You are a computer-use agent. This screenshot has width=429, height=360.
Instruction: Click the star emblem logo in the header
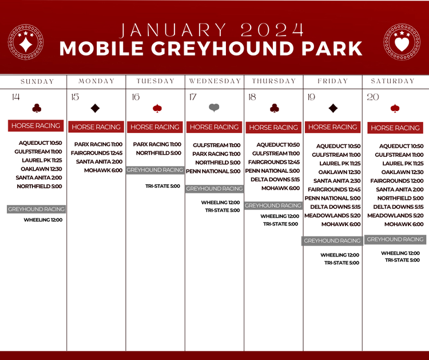[26, 42]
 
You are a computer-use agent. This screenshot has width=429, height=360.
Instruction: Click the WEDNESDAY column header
[214, 81]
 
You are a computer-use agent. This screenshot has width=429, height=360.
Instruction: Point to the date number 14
[15, 97]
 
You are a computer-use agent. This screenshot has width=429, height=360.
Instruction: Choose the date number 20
[373, 97]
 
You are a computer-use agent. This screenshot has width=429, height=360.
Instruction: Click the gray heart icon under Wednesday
[214, 108]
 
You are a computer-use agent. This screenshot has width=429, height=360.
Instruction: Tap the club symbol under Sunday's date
[37, 108]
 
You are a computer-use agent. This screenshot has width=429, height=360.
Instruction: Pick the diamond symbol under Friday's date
[333, 108]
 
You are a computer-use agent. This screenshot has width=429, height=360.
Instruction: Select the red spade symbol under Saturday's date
[395, 108]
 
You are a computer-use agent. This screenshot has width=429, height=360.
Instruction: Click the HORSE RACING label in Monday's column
[96, 127]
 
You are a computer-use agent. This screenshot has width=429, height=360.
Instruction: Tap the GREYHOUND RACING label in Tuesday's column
[155, 170]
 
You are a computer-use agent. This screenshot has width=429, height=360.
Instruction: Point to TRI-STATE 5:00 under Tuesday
[162, 186]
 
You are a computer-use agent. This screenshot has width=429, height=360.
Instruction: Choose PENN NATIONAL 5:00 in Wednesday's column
[213, 171]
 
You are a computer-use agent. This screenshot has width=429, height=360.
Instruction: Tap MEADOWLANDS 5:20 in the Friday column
[332, 216]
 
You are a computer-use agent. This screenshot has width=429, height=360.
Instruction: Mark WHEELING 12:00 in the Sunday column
[43, 220]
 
